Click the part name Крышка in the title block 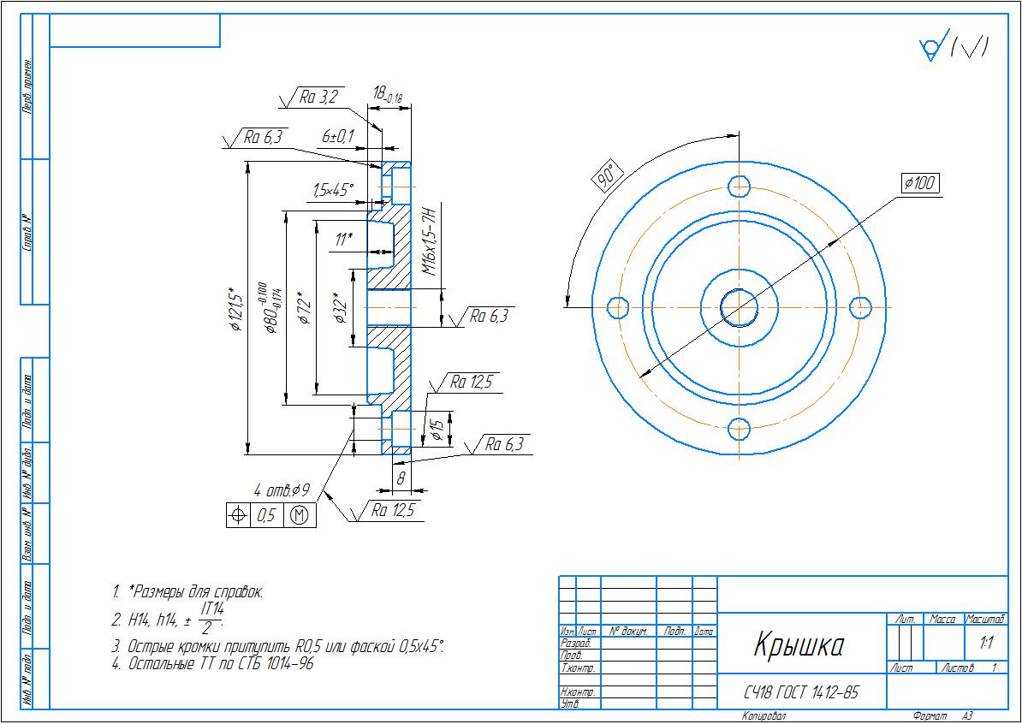(x=799, y=646)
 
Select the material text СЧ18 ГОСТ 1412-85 (x=800, y=692)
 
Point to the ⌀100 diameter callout (x=920, y=183)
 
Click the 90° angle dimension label (x=607, y=176)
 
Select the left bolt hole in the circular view (x=617, y=306)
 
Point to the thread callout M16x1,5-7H (x=430, y=240)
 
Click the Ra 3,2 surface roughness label (x=319, y=98)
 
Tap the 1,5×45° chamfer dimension (x=332, y=191)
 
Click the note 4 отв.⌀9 (x=281, y=491)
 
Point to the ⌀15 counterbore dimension (x=437, y=430)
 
